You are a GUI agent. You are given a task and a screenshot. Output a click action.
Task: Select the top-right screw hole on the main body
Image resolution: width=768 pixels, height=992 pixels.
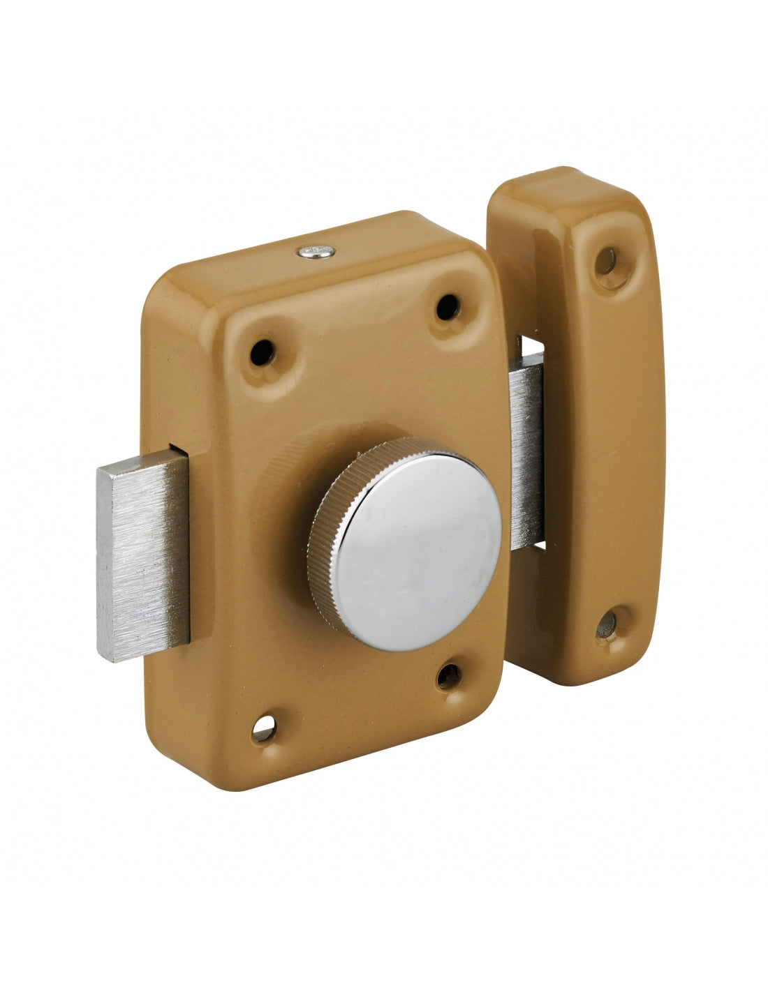447,306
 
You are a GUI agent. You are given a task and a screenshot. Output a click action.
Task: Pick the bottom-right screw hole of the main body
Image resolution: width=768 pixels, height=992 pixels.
448,675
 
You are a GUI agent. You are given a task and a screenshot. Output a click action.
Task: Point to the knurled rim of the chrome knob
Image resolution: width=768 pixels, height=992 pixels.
323,551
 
